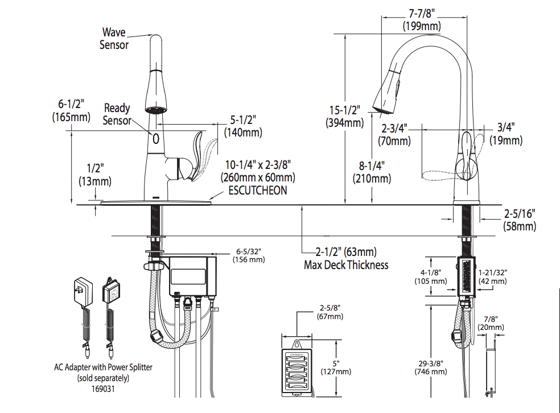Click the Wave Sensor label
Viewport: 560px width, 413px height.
coord(114,38)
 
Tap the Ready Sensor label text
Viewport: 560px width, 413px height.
coord(117,114)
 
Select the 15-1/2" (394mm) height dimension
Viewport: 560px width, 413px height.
coord(344,116)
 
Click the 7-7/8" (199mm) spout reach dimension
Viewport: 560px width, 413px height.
coord(422,19)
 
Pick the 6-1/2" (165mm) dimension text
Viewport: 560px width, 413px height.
coord(71,110)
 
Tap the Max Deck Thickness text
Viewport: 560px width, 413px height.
coord(346,265)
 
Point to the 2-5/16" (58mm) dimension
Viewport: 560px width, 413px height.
coord(519,220)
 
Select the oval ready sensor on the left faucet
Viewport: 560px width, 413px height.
coord(155,137)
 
